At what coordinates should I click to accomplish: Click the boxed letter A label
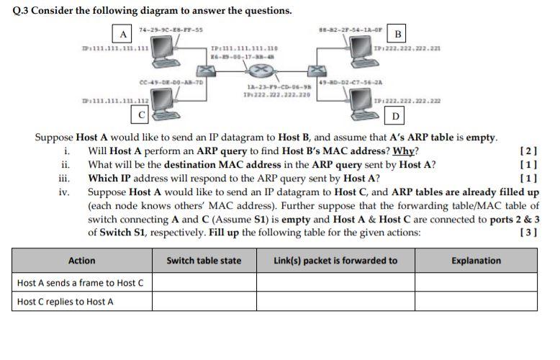pos(124,34)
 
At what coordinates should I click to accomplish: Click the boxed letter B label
pos(397,34)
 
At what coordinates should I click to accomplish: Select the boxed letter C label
pos(142,114)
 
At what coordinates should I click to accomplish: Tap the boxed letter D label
pos(395,115)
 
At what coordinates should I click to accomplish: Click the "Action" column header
pos(81,261)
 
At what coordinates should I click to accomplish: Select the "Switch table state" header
pos(204,261)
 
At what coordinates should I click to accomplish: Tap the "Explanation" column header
pos(476,261)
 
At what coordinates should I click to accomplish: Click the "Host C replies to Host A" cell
pos(65,302)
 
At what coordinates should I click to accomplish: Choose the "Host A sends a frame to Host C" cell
pos(80,282)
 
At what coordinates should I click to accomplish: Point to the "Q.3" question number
pos(23,11)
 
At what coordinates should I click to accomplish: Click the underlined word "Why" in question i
pos(404,151)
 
